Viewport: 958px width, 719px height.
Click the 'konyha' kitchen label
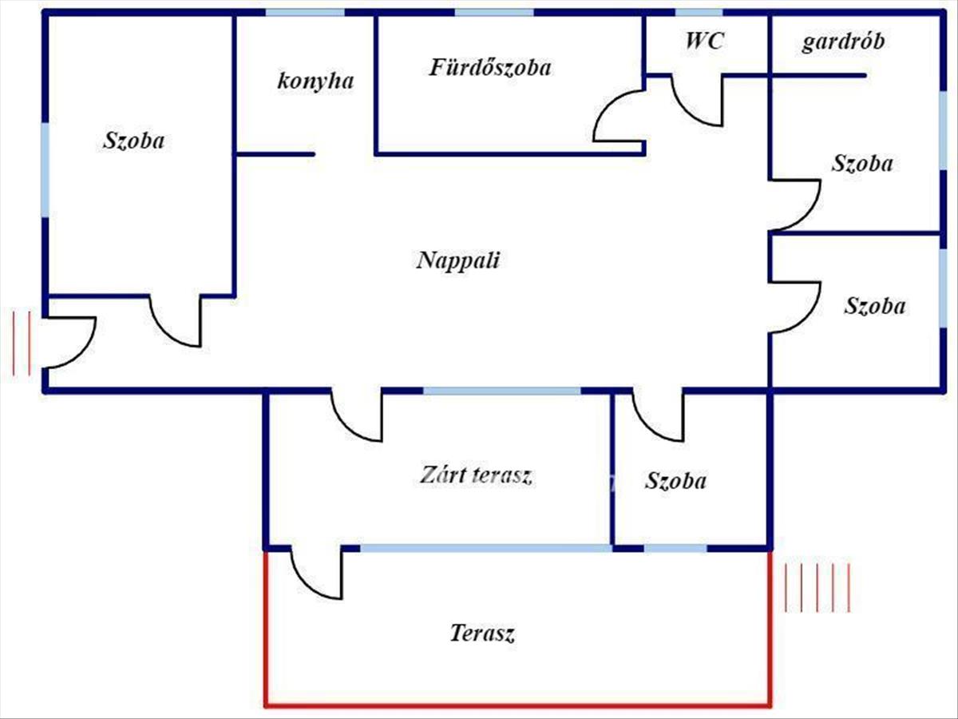tap(315, 81)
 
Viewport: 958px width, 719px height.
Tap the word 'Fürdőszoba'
tap(490, 68)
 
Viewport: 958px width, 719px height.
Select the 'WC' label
tap(704, 42)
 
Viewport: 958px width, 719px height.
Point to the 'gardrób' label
tap(843, 42)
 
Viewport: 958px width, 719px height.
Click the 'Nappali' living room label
tap(458, 260)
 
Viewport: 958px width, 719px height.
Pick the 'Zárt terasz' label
tap(476, 475)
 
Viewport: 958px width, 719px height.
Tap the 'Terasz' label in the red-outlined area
tap(482, 634)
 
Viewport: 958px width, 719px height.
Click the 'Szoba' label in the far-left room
tap(134, 141)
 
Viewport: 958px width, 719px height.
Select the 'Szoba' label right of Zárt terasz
tap(675, 481)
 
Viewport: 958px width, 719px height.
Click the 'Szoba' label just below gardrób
tap(862, 164)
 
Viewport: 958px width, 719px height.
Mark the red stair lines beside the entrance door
tap(22, 344)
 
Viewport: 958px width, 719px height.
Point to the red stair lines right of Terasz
tap(817, 587)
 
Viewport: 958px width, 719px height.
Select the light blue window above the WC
tap(699, 13)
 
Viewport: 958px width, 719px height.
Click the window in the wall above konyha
tap(305, 13)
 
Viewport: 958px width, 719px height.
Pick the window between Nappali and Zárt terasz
tap(501, 391)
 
